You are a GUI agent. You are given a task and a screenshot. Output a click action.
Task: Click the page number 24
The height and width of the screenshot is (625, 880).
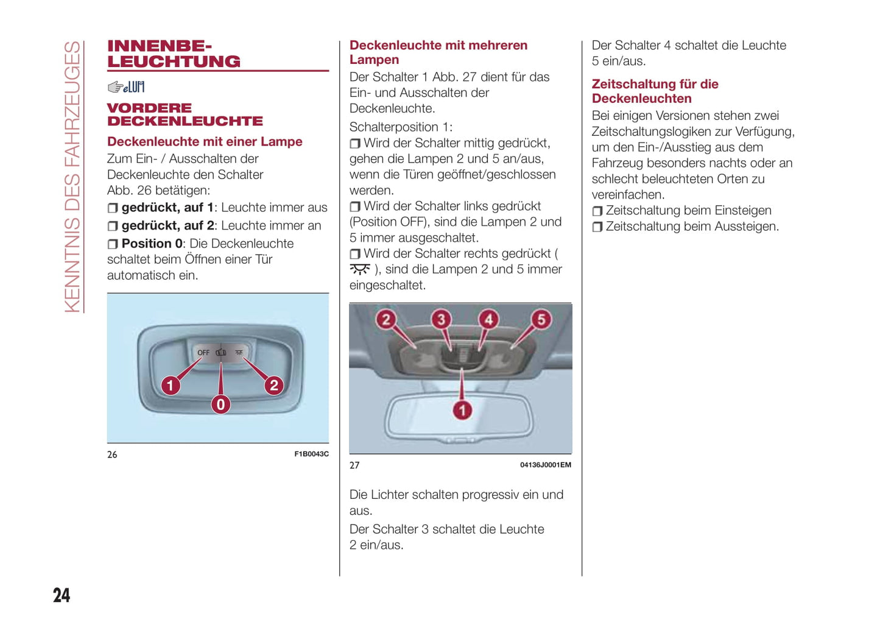pos(62,595)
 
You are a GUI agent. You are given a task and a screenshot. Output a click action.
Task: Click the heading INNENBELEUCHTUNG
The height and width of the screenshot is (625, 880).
pos(174,54)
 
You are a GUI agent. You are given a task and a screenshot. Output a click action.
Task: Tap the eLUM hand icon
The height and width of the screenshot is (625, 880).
pos(126,87)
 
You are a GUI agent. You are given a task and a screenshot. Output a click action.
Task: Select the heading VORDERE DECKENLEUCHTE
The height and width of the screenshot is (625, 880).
pos(185,115)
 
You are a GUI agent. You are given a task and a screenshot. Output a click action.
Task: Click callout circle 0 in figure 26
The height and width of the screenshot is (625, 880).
pos(220,404)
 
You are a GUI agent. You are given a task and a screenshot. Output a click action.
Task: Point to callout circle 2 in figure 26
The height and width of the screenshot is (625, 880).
pos(274,385)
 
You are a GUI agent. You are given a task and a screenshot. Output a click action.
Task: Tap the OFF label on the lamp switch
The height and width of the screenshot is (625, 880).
pos(203,353)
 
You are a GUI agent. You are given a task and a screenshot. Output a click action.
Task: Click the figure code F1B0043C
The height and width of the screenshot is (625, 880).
pos(311,454)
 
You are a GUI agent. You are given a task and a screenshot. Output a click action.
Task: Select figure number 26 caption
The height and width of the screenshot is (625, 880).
pos(112,454)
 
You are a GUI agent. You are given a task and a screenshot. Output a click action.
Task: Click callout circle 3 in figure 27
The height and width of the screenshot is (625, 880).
pos(441,319)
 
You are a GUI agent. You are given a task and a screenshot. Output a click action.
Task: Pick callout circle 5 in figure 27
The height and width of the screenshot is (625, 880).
pos(541,319)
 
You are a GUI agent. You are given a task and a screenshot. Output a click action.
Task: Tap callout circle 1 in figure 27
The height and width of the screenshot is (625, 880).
pos(462,410)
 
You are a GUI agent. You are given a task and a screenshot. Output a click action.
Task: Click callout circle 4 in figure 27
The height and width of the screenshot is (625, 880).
pos(488,319)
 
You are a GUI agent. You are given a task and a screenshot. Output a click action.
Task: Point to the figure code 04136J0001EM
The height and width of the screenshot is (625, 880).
pos(545,465)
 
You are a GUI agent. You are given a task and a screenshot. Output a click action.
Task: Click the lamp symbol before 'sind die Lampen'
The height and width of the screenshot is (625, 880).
pos(359,269)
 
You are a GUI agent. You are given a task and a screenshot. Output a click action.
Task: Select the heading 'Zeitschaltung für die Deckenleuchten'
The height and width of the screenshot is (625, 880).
pos(655,91)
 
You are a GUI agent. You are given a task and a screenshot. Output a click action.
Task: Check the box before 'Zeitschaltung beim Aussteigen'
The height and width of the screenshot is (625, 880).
pos(597,227)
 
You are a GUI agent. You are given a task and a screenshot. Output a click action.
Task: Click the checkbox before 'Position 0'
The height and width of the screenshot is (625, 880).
pos(113,244)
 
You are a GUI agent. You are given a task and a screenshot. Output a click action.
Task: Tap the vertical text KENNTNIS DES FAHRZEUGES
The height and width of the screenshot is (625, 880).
pos(72,177)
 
